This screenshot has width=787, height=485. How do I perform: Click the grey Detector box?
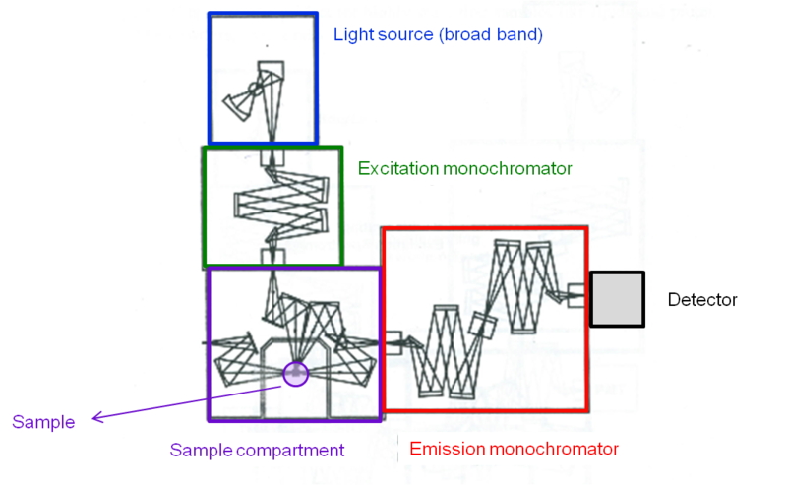(617, 299)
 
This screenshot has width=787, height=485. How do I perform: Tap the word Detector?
(701, 300)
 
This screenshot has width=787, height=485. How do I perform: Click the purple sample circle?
(295, 373)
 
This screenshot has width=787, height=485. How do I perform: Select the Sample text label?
(43, 423)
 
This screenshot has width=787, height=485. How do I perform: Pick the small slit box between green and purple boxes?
(271, 257)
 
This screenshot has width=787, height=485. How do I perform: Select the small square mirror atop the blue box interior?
(271, 72)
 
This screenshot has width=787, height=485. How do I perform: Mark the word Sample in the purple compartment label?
(196, 450)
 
